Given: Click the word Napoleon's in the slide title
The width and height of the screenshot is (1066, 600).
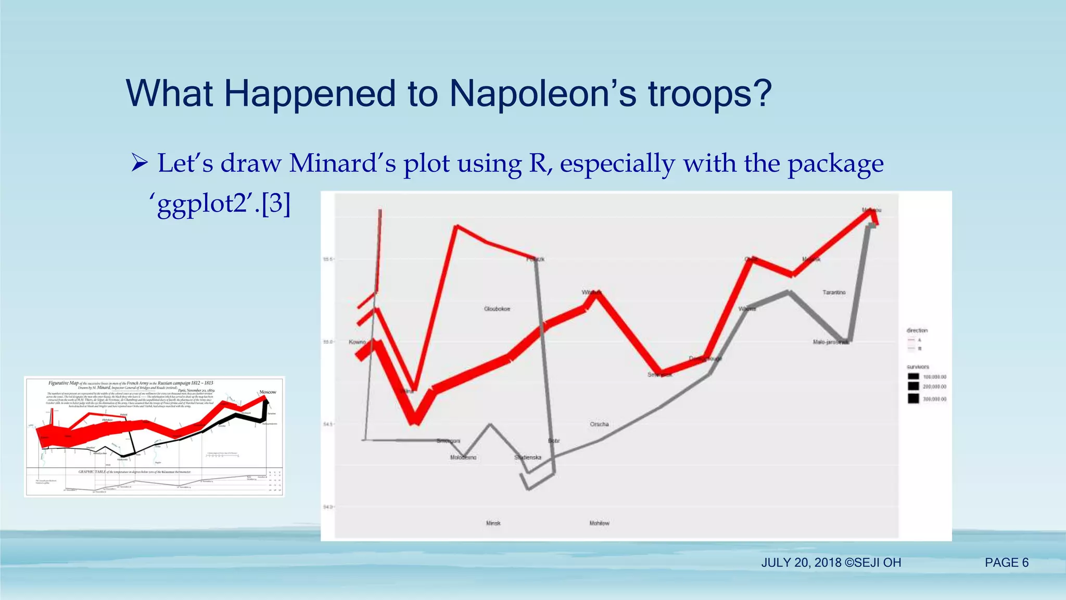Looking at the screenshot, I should (543, 94).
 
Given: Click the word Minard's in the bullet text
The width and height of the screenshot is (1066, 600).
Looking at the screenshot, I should (342, 163).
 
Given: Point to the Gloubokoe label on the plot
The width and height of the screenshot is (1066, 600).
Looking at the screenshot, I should (497, 309).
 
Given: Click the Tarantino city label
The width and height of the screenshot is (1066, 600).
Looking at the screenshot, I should (834, 292).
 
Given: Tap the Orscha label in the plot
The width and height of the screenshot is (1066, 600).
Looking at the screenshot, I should (599, 424).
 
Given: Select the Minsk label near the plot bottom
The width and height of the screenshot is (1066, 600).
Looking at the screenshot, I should (493, 523).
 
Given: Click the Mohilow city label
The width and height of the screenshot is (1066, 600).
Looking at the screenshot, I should (599, 523).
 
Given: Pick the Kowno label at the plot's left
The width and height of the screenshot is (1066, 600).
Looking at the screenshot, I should (357, 342).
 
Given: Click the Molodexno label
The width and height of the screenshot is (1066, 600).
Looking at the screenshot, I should (463, 457).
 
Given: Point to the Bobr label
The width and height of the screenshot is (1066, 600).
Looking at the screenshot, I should (554, 441).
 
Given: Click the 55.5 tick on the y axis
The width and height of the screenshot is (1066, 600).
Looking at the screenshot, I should (327, 259).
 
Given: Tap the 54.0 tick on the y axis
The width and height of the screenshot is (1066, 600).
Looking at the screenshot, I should (327, 507).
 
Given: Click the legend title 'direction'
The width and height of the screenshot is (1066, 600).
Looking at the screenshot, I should (917, 330).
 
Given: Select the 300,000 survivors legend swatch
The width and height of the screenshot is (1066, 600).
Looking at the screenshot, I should (913, 398).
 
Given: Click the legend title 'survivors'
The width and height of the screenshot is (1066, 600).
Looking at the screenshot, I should (917, 367).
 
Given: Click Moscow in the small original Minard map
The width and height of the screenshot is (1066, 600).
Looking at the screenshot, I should (268, 392).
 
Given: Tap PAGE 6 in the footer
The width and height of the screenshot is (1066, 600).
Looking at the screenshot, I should (1006, 562).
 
